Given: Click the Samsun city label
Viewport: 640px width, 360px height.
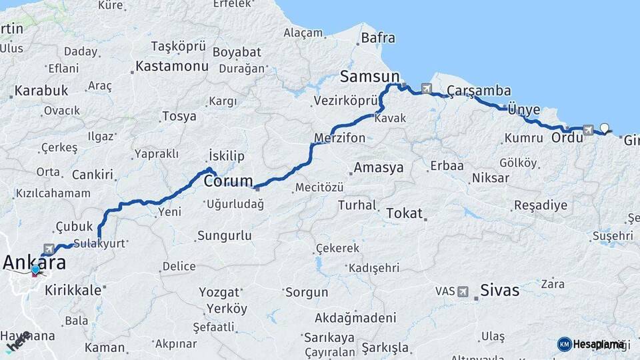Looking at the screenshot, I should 369,75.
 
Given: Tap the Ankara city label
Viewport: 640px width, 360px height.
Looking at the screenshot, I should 35,263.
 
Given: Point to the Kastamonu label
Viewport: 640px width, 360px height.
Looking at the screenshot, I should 172,66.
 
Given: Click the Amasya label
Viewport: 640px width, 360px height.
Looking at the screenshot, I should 379,167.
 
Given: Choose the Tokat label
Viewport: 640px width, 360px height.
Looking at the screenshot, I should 404,213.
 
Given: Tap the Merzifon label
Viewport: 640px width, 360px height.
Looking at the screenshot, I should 340,138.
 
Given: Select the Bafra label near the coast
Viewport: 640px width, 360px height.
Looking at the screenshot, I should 378,38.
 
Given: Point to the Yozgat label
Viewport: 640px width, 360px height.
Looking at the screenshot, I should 220,292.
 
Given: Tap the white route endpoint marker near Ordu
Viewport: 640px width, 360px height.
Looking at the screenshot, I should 605,127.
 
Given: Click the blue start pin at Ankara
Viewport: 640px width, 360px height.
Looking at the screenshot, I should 35,270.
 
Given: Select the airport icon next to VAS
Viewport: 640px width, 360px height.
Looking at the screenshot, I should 463,291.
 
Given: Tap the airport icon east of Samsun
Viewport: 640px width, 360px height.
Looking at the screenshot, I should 426,88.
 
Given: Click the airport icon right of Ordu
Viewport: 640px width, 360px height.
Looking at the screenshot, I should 587,130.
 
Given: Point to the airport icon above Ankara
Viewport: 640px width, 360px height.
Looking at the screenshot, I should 49,247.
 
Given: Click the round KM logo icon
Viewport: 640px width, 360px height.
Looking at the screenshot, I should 564,344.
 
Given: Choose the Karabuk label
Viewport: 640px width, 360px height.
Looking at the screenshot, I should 41,90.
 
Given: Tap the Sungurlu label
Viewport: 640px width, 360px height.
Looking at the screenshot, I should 225,235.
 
